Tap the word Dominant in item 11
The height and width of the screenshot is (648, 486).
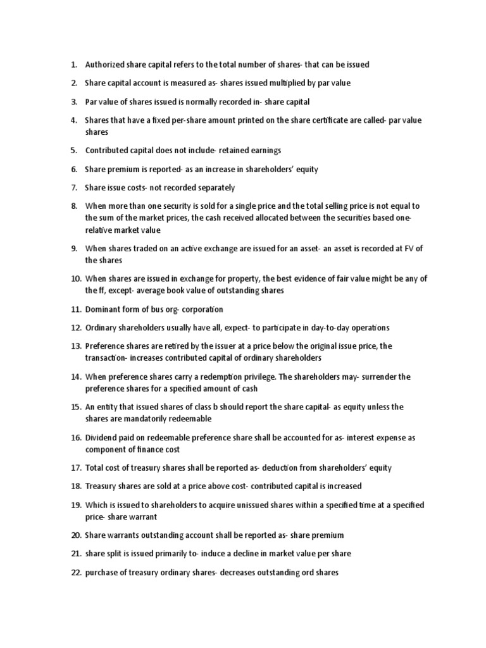(103, 309)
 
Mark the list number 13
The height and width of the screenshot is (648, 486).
(75, 346)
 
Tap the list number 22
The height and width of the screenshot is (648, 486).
(75, 573)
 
